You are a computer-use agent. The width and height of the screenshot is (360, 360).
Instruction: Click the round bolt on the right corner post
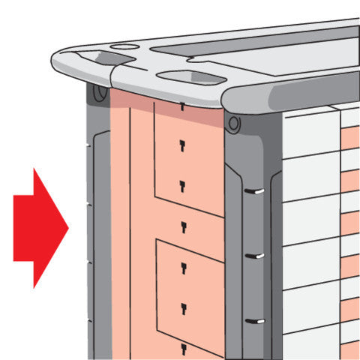tap(234, 121)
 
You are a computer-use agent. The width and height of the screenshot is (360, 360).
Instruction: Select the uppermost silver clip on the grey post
tap(256, 193)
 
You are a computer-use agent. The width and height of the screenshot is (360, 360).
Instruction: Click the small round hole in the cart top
tap(124, 47)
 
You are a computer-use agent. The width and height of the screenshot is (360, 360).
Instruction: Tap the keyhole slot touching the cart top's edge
tap(182, 106)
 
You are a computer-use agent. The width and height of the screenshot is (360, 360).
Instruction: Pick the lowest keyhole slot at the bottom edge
tap(182, 347)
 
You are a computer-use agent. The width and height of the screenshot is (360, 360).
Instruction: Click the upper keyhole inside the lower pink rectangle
tap(182, 267)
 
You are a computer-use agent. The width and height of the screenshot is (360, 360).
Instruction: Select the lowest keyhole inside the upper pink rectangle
tap(182, 184)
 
